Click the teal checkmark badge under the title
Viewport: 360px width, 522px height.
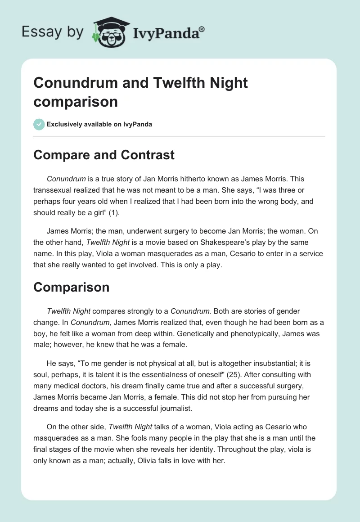click(39, 124)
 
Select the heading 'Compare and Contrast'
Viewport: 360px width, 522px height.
click(104, 155)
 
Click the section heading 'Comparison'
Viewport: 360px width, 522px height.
click(72, 287)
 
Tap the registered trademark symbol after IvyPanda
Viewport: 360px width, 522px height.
click(202, 29)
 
